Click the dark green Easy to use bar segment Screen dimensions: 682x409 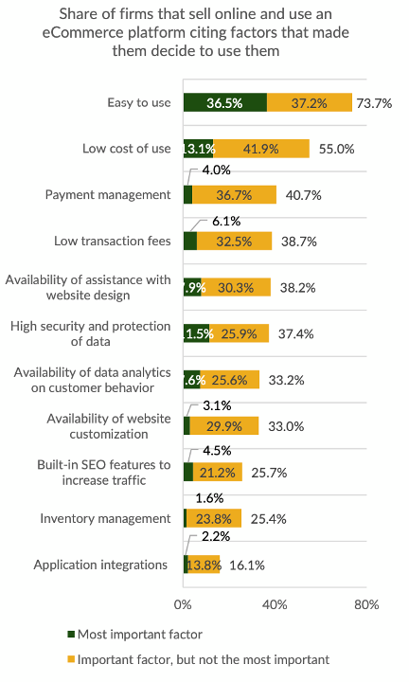(224, 102)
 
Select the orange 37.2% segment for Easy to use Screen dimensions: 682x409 (310, 102)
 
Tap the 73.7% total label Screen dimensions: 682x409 (374, 102)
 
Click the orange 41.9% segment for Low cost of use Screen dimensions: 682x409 (261, 149)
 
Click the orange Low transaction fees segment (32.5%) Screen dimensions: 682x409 (234, 241)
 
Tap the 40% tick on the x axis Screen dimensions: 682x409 (275, 603)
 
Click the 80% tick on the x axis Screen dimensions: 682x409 (366, 603)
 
